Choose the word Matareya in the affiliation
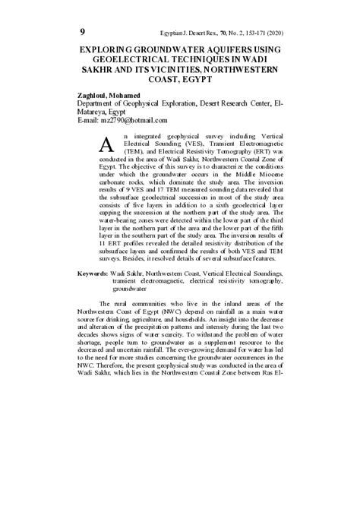coord(96,112)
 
